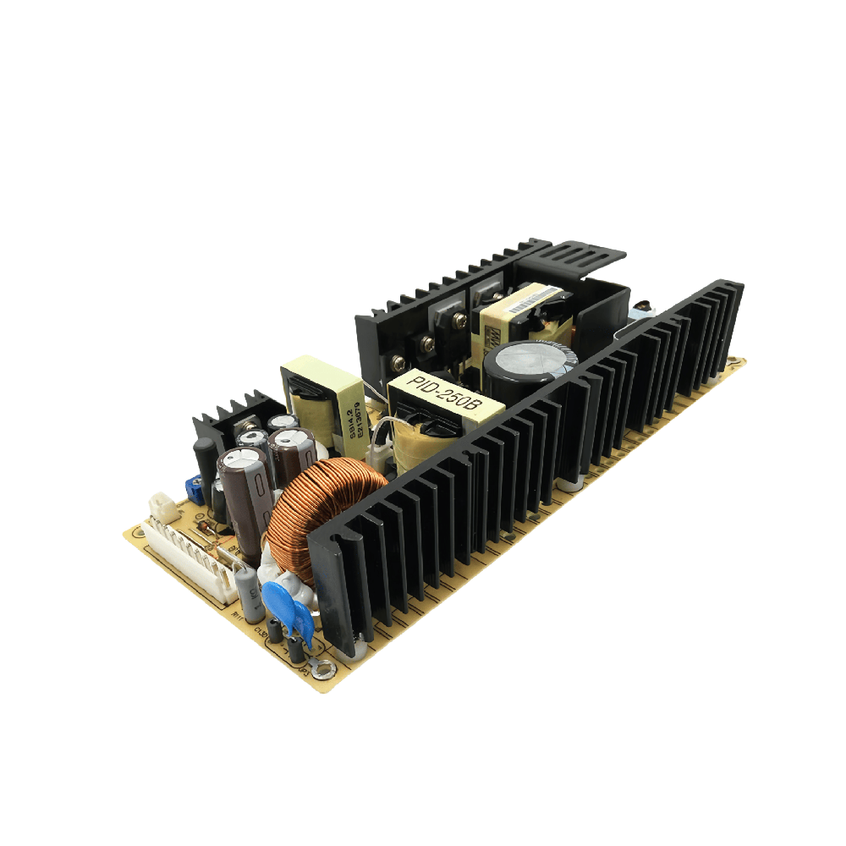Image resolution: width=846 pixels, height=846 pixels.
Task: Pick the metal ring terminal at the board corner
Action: point(321,670)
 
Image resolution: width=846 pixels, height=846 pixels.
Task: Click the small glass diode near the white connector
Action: point(206,529)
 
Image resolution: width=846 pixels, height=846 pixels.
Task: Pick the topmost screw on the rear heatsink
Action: point(460,320)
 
